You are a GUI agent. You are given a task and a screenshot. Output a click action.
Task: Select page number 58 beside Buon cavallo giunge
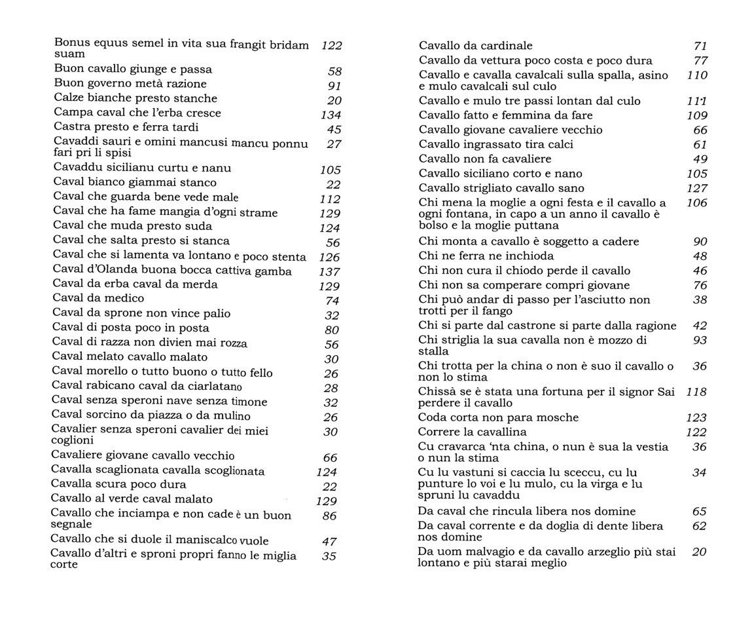[x=334, y=71]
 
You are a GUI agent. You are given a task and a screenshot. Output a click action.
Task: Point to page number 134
[x=331, y=115]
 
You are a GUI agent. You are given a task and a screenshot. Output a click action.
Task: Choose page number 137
[x=329, y=272]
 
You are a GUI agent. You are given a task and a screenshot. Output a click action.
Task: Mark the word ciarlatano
[x=212, y=387]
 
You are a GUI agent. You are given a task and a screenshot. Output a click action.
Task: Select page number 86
[x=330, y=516]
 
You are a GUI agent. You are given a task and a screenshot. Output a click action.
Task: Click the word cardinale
[x=506, y=46]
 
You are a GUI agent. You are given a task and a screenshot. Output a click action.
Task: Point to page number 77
[x=700, y=61]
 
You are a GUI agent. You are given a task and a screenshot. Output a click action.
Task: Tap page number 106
[x=697, y=203]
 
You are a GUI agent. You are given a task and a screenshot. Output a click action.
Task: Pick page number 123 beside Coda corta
[x=696, y=418]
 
